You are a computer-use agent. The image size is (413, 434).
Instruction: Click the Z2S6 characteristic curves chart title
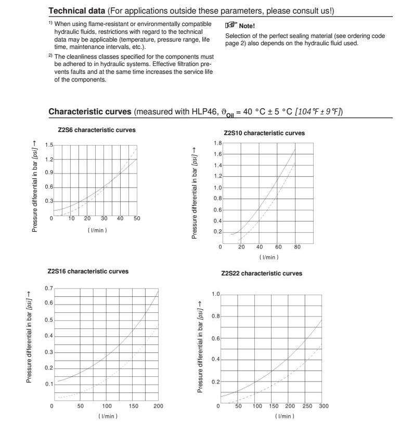97,130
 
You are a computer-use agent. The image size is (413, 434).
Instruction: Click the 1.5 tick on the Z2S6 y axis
48,146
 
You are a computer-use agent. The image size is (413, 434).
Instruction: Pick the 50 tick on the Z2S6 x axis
137,219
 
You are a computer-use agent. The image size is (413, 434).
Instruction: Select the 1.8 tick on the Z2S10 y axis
218,142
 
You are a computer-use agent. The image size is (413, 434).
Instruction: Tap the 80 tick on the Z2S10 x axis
297,247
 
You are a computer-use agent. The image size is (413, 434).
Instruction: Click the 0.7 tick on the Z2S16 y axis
48,287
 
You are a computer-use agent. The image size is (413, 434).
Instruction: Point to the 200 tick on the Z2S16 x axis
158,405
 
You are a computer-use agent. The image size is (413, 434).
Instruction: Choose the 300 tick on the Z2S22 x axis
324,405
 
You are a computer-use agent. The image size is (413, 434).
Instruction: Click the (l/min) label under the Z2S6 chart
97,230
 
